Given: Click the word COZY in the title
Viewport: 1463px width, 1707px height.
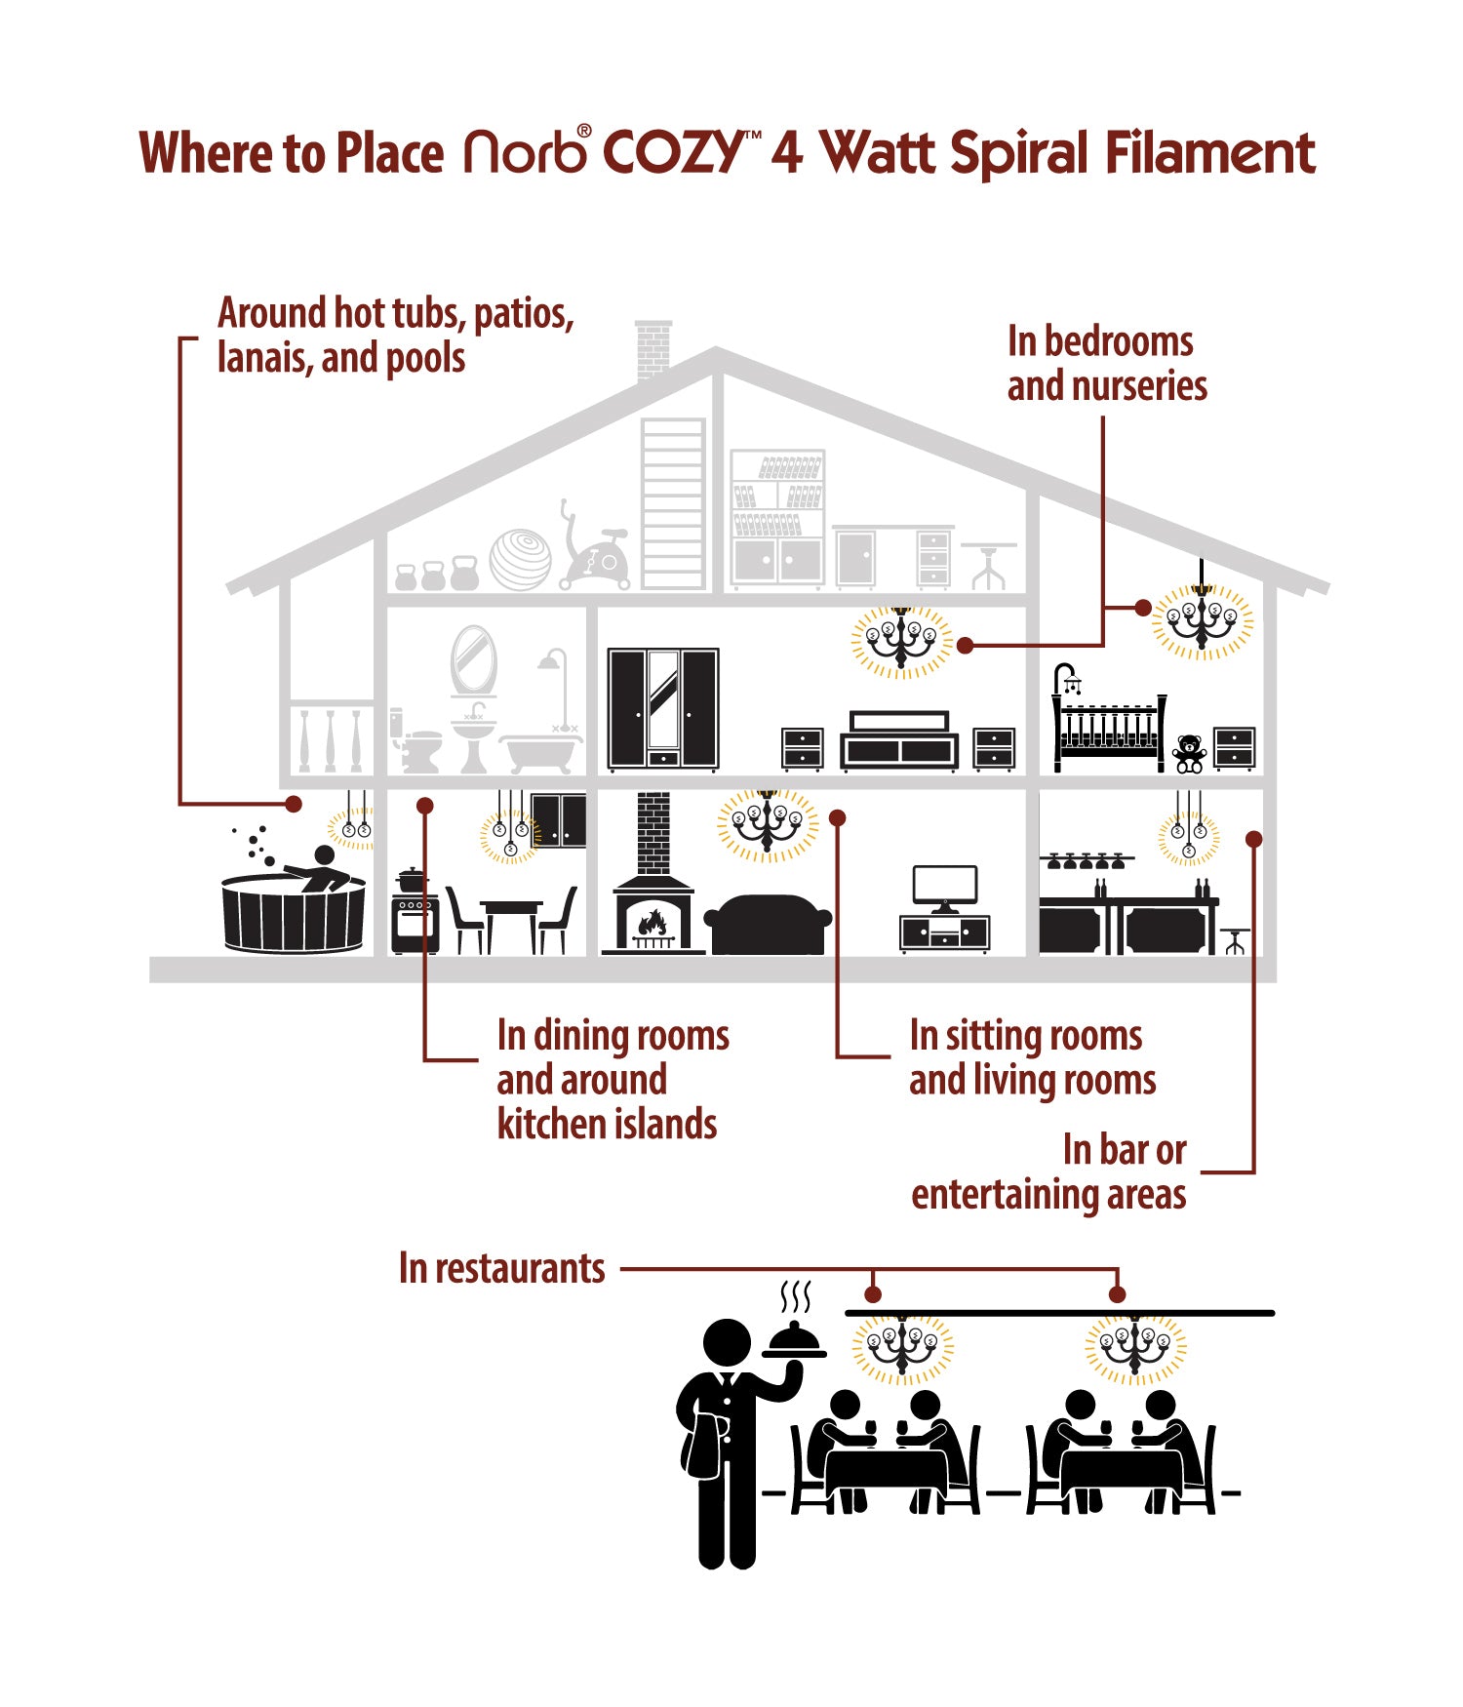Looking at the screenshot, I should coord(673,152).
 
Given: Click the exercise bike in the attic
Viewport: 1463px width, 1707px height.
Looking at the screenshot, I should coord(597,552).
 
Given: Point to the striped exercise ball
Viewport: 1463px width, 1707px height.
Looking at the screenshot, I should coord(520,559).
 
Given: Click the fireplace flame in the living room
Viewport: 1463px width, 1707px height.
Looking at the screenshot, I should coord(652,922).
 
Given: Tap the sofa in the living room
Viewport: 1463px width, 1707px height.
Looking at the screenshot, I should coord(768,924).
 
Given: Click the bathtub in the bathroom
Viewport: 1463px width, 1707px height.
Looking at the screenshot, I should coord(539,755).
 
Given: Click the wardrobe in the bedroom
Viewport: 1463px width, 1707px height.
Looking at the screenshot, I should coord(663,708).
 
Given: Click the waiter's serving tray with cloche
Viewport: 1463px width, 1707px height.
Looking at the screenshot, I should coord(795,1341).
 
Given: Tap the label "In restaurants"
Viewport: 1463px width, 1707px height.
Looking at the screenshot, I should coord(501,1268).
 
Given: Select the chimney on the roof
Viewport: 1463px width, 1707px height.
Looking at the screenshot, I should coord(653,349).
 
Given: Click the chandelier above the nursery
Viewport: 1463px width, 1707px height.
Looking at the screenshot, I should coord(1202,618).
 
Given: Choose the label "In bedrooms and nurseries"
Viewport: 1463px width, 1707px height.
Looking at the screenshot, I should coord(1106,363).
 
